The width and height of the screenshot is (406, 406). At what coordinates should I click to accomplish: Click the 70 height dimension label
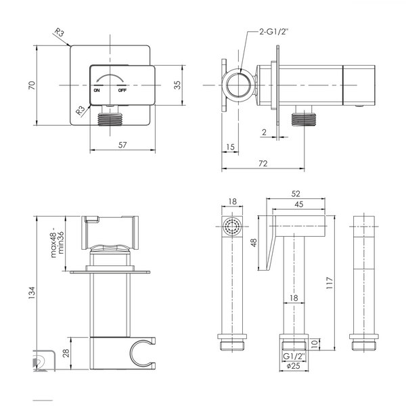click(32, 85)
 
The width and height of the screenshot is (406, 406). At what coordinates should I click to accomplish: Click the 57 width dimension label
click(122, 145)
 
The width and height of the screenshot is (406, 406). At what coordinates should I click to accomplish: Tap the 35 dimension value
click(177, 85)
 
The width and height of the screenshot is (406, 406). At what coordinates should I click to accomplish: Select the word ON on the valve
click(97, 91)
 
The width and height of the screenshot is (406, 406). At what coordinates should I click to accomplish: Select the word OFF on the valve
click(122, 91)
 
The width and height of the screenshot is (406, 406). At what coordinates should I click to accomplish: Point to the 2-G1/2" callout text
click(273, 32)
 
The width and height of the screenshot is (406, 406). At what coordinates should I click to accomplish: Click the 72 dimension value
click(263, 163)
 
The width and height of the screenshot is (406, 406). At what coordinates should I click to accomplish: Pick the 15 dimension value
click(230, 147)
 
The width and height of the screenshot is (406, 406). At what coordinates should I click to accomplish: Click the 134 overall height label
click(32, 292)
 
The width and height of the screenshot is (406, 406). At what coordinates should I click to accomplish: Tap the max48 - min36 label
click(58, 243)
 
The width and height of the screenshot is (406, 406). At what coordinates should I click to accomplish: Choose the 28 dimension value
click(66, 353)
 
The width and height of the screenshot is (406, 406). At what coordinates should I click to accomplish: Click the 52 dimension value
click(296, 194)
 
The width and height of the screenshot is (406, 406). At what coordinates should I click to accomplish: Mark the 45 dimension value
click(299, 204)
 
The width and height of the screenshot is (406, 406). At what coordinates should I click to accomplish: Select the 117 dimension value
click(330, 283)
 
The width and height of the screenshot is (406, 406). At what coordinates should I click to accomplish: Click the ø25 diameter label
click(294, 366)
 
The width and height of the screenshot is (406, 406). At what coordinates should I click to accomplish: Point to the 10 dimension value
click(314, 344)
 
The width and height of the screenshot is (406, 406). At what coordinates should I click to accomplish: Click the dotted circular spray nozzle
click(232, 226)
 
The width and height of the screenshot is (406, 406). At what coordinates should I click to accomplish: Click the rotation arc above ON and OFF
click(109, 77)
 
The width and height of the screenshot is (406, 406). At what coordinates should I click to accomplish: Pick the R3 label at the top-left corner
click(59, 32)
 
